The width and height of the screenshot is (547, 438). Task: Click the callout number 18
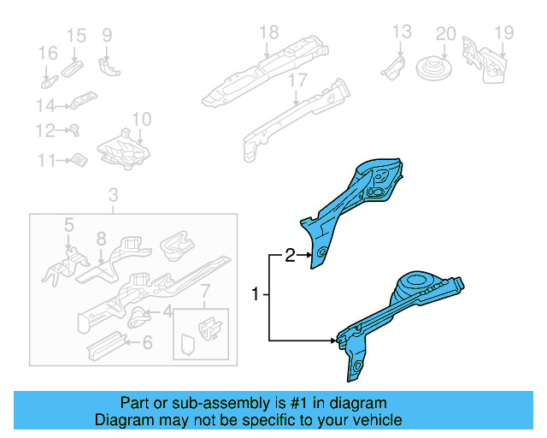tap(269, 33)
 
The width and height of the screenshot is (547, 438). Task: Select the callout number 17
tap(297, 82)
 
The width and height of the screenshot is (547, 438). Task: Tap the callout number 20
tap(445, 34)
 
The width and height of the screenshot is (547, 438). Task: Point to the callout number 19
tap(503, 33)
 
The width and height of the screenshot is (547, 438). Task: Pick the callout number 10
tap(141, 119)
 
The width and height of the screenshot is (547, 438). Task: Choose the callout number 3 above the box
tap(113, 198)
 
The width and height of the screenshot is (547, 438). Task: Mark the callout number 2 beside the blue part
tap(290, 255)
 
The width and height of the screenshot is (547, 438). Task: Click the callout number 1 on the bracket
tap(256, 294)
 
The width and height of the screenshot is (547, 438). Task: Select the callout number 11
tap(44, 160)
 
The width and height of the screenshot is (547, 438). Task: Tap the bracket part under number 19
tap(483, 59)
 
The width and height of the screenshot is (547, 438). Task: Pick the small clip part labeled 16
tap(49, 83)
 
